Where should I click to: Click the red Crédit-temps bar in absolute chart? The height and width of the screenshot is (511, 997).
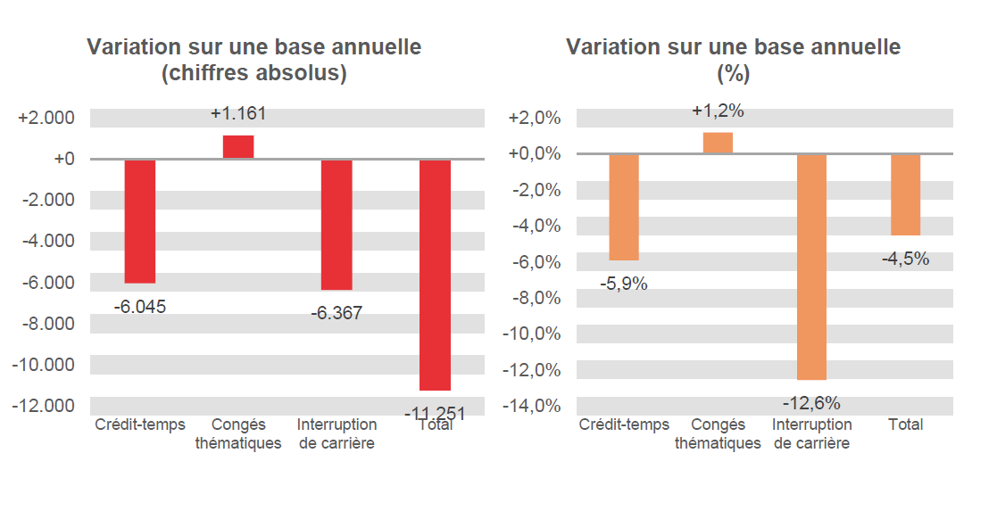(140, 220)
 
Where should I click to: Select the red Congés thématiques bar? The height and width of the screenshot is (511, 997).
(238, 147)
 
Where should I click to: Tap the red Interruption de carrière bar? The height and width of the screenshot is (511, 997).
(336, 224)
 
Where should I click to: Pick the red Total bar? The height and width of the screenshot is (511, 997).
(435, 275)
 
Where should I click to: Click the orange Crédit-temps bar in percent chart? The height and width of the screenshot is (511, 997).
(624, 207)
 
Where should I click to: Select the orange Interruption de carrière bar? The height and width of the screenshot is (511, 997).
(811, 267)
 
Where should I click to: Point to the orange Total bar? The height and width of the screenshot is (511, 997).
(905, 194)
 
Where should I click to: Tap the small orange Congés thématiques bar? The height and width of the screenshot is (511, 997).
(718, 143)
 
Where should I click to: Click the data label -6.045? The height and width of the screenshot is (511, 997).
(140, 307)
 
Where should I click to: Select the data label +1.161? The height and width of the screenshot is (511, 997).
(238, 114)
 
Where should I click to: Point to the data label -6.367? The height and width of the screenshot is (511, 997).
(336, 313)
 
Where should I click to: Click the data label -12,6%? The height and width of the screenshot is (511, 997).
(811, 402)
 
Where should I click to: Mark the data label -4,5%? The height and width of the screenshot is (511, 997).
(905, 260)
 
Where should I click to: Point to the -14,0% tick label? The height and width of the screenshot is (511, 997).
(534, 407)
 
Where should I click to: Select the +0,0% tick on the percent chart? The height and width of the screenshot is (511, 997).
(534, 154)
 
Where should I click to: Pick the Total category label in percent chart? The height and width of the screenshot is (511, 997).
(905, 424)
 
